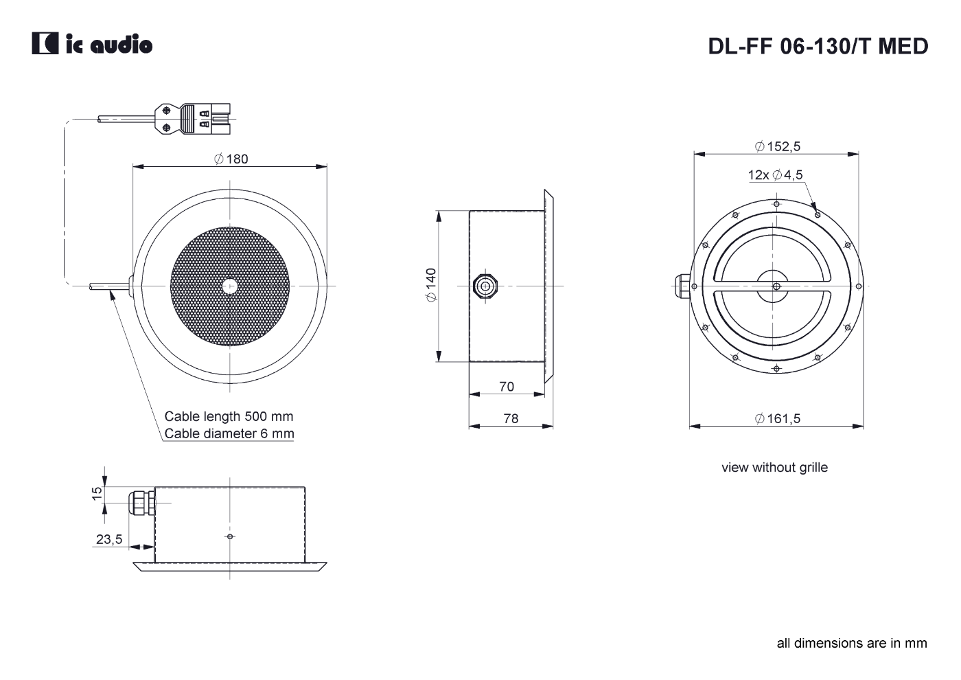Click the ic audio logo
(92, 43)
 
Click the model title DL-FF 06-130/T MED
(818, 47)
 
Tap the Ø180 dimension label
(231, 159)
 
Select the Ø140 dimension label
(431, 284)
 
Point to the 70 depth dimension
(507, 387)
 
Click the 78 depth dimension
(511, 418)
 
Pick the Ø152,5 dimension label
(777, 146)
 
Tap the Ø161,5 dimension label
(777, 418)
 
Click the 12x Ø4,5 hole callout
(775, 174)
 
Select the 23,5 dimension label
(109, 539)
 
